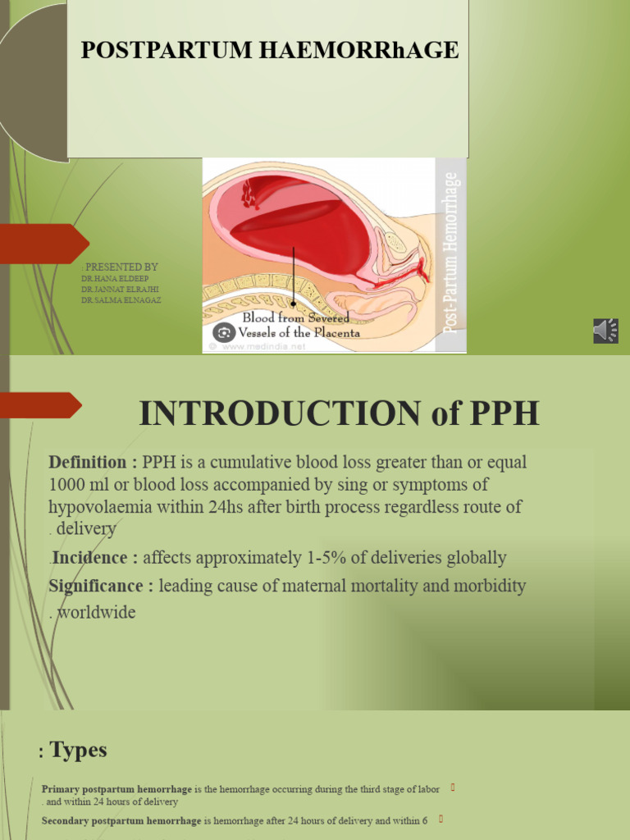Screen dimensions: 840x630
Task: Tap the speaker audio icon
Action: (x=605, y=331)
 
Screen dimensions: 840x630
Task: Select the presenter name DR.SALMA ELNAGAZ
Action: (x=121, y=300)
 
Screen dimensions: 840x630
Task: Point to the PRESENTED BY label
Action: (x=121, y=267)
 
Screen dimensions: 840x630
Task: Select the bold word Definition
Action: (x=87, y=462)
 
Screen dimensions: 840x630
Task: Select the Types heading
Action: (x=79, y=750)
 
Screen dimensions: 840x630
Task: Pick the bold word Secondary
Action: (x=68, y=819)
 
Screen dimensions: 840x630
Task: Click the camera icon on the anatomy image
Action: (x=224, y=333)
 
